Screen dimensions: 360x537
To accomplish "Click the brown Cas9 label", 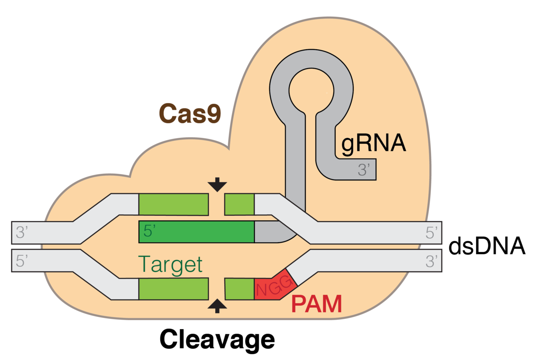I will [190, 114].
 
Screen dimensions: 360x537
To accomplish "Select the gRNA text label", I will [373, 144].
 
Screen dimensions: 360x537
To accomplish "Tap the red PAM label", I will [316, 304].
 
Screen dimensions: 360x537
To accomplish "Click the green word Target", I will [170, 264].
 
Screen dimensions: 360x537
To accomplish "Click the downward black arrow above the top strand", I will [217, 184].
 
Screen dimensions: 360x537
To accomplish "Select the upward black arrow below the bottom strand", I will [217, 306].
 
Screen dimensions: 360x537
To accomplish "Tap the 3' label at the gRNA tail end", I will [363, 170].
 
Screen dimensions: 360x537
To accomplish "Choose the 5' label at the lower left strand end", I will [22, 261].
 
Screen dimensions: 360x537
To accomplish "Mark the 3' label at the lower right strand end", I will [431, 261].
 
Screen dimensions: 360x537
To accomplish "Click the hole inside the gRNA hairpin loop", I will [311, 88].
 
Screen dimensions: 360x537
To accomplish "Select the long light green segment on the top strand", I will [174, 204].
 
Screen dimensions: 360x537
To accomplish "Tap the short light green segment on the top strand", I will [239, 204].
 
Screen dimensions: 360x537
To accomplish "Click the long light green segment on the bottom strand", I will [174, 289].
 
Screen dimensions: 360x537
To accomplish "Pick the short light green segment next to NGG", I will [239, 289].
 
